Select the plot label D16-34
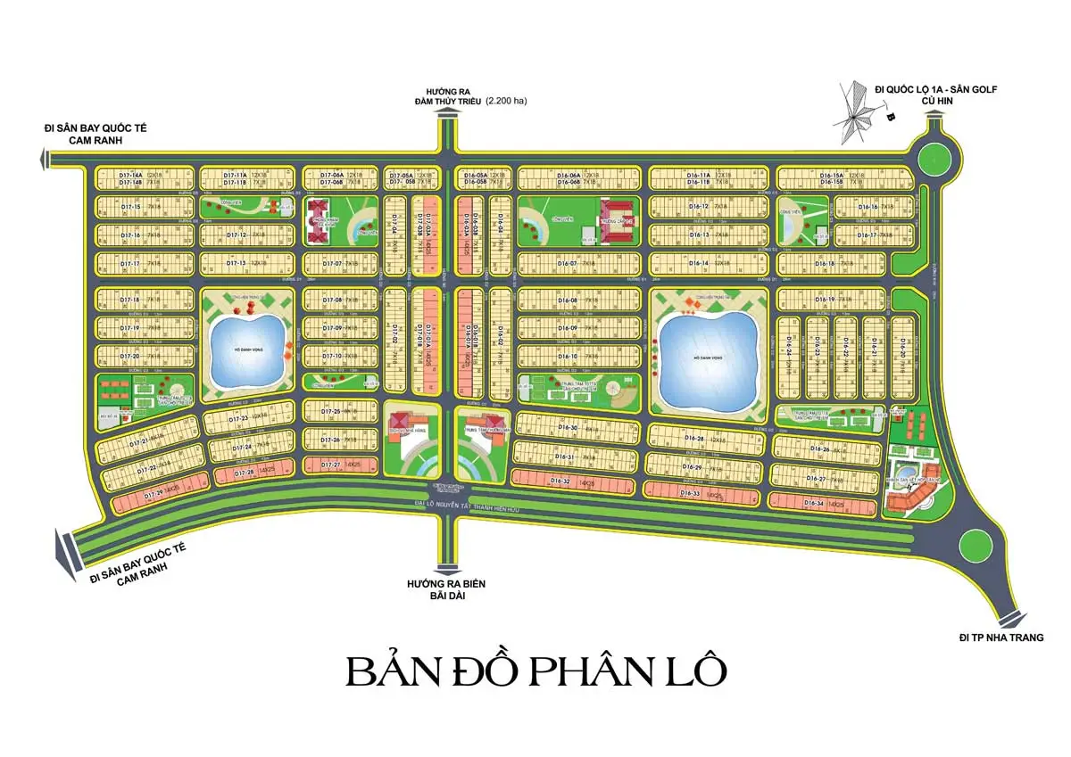(x=813, y=504)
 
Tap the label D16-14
(x=699, y=264)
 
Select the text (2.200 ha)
(x=506, y=102)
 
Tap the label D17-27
(x=331, y=465)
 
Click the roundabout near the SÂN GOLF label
(x=939, y=160)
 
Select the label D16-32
(x=561, y=481)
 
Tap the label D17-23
(x=237, y=418)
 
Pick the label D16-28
(x=694, y=439)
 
